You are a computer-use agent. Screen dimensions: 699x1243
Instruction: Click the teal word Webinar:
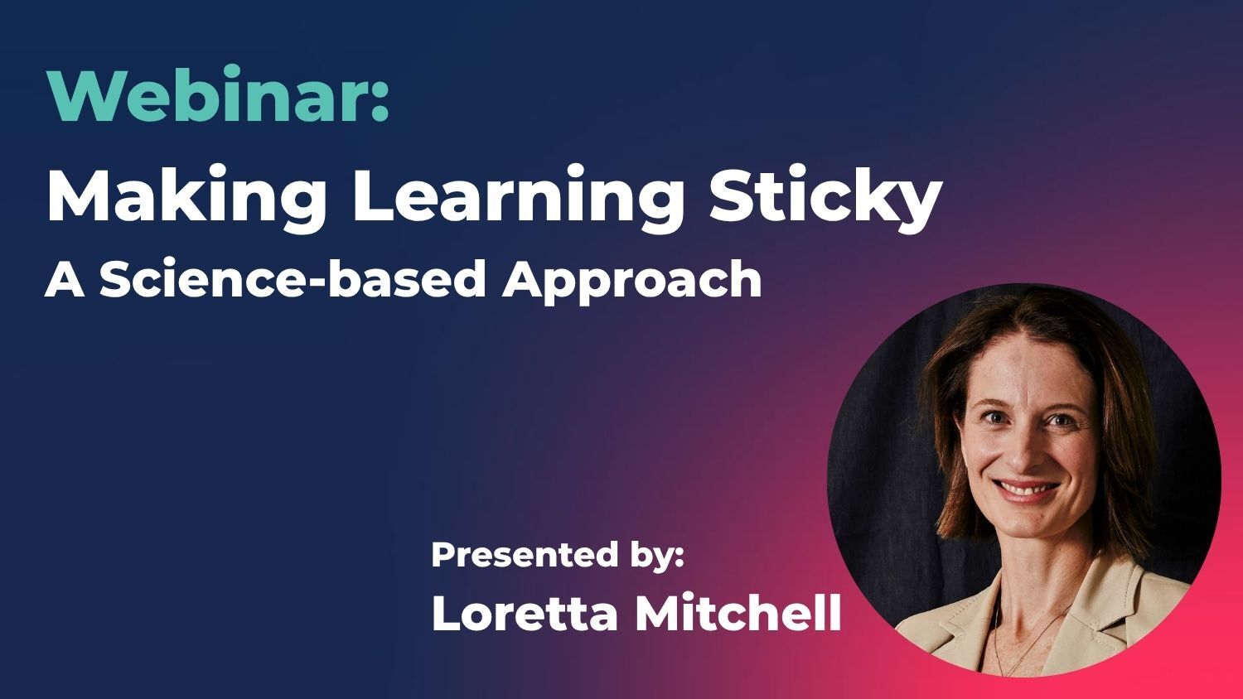click(218, 95)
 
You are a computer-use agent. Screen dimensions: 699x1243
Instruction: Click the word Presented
click(520, 554)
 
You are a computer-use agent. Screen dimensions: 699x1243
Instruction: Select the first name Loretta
click(526, 614)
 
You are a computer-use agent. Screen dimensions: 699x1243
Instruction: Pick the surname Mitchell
click(738, 614)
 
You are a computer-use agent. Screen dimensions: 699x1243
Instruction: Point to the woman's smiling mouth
click(1028, 489)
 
